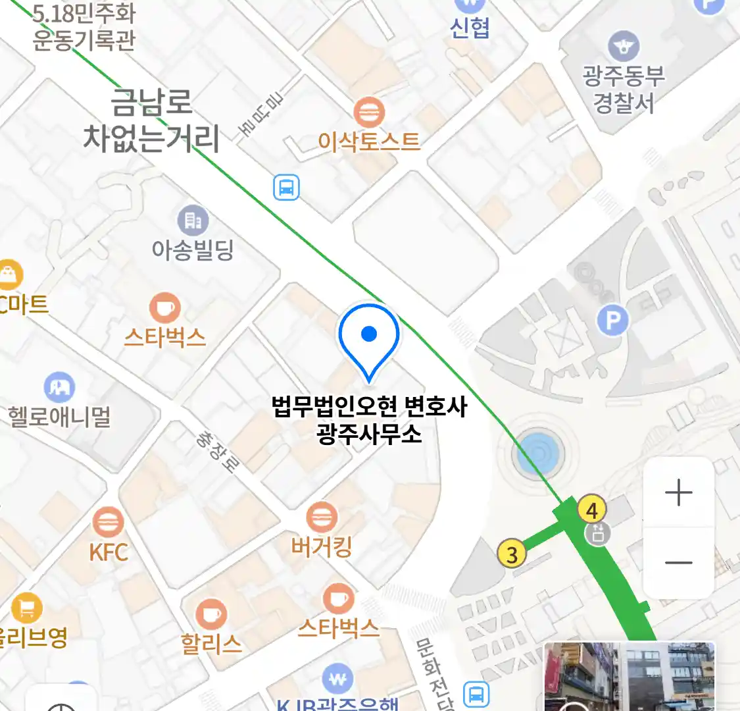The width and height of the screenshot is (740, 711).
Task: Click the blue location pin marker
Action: point(369,336)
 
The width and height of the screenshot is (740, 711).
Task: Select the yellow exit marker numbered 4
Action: point(591,510)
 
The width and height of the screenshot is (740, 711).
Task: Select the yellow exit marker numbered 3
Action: point(512,554)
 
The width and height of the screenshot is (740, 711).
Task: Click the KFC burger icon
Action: point(107,523)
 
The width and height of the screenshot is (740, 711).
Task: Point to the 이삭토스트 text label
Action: point(368,142)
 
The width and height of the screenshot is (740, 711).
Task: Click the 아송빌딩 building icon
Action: point(193,221)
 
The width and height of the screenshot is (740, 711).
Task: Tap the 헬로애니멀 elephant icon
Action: point(59,388)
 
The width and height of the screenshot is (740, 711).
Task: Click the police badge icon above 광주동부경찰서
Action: point(623,46)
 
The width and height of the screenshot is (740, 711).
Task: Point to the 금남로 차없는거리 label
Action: point(151,120)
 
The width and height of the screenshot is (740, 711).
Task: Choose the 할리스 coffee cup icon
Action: point(211,614)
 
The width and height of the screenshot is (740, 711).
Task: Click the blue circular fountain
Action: point(538,454)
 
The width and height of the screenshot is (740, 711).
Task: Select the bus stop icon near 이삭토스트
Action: point(286,188)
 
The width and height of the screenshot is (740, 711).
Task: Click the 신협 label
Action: point(470,27)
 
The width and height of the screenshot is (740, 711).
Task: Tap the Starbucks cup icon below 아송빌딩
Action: point(164,307)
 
